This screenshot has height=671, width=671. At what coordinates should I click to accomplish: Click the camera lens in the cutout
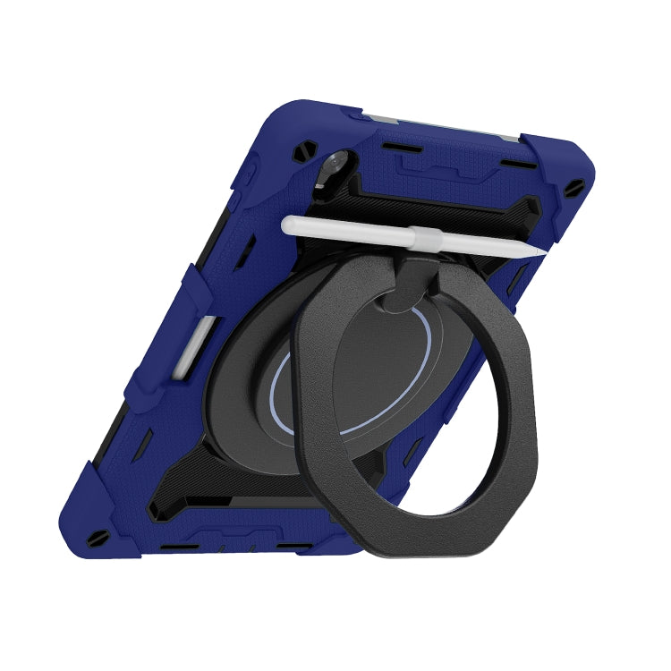pos(334,164)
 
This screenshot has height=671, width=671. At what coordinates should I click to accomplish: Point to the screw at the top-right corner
pos(574,189)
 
